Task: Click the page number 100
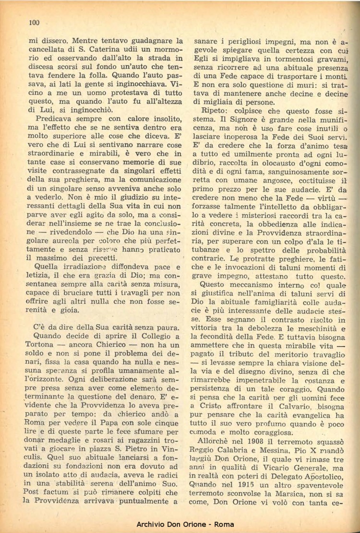coord(34,22)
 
